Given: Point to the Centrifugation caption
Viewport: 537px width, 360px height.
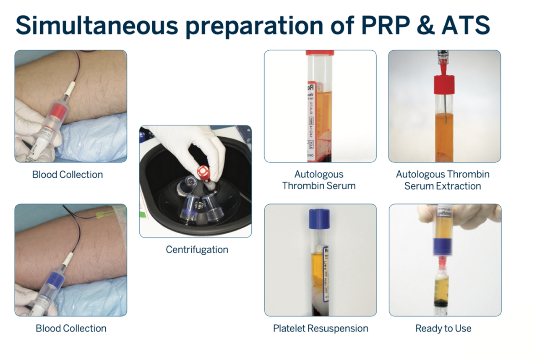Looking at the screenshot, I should pos(197,250).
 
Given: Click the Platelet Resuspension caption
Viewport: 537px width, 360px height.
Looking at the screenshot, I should pos(321,328).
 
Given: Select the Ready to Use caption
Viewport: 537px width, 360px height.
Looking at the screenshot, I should pos(443,328).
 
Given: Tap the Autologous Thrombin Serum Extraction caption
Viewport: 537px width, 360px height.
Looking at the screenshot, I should pos(443,180).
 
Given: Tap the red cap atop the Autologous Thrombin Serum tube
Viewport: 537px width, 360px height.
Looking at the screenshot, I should pos(320,53).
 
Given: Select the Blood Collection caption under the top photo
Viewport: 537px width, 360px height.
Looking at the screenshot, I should pos(67,174).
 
